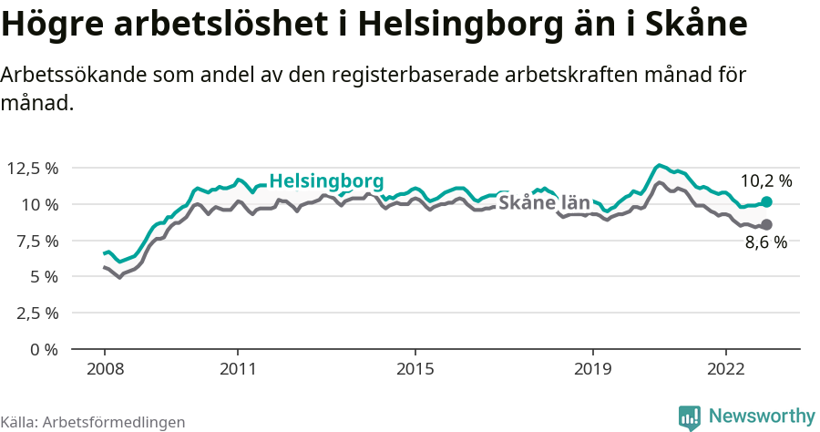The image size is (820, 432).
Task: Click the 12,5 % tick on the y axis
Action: pos(32,168)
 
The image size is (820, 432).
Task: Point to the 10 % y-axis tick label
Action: pos(39,204)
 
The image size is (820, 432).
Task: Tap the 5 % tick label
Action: pos(44,276)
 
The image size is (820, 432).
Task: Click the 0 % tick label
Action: pos(44,349)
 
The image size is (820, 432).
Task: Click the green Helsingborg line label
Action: pos(326,180)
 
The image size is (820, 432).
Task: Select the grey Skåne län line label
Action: pos(544,202)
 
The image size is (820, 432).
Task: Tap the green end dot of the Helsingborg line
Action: pos(766,201)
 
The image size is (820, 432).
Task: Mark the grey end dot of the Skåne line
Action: pos(766,224)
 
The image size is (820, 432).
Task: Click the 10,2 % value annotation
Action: pos(765,180)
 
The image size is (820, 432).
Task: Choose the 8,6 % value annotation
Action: pos(765,243)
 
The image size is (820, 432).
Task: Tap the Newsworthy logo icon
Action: pos(690,417)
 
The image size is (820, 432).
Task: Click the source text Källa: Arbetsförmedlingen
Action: pos(93,422)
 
